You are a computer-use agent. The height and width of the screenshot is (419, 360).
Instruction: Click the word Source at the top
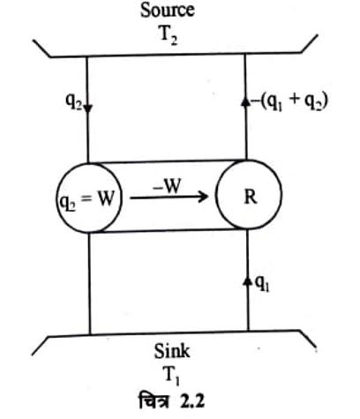point(168,10)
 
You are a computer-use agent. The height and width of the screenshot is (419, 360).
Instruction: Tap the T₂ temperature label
point(169,36)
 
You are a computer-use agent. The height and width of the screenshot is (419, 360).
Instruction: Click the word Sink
point(172,351)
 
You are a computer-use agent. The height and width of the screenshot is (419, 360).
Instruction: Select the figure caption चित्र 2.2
point(171,400)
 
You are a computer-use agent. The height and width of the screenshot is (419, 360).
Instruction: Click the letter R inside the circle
point(251,197)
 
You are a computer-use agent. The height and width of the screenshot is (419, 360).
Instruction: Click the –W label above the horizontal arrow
point(166,186)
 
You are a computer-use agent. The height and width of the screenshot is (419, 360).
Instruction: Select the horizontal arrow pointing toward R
point(169,197)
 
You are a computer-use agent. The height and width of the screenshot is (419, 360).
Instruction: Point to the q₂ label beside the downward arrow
point(73,102)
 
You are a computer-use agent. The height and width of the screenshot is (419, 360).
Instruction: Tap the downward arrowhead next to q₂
point(88,108)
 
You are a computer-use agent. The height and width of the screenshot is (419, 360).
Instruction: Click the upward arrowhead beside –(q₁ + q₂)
point(245,101)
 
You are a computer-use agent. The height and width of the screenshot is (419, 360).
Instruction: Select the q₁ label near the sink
point(262,284)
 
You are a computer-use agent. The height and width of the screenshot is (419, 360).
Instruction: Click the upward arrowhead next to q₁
point(248,281)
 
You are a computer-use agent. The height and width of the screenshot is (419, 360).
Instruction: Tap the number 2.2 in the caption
point(192,401)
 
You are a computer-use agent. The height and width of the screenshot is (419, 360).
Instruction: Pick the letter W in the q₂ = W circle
point(105,199)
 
